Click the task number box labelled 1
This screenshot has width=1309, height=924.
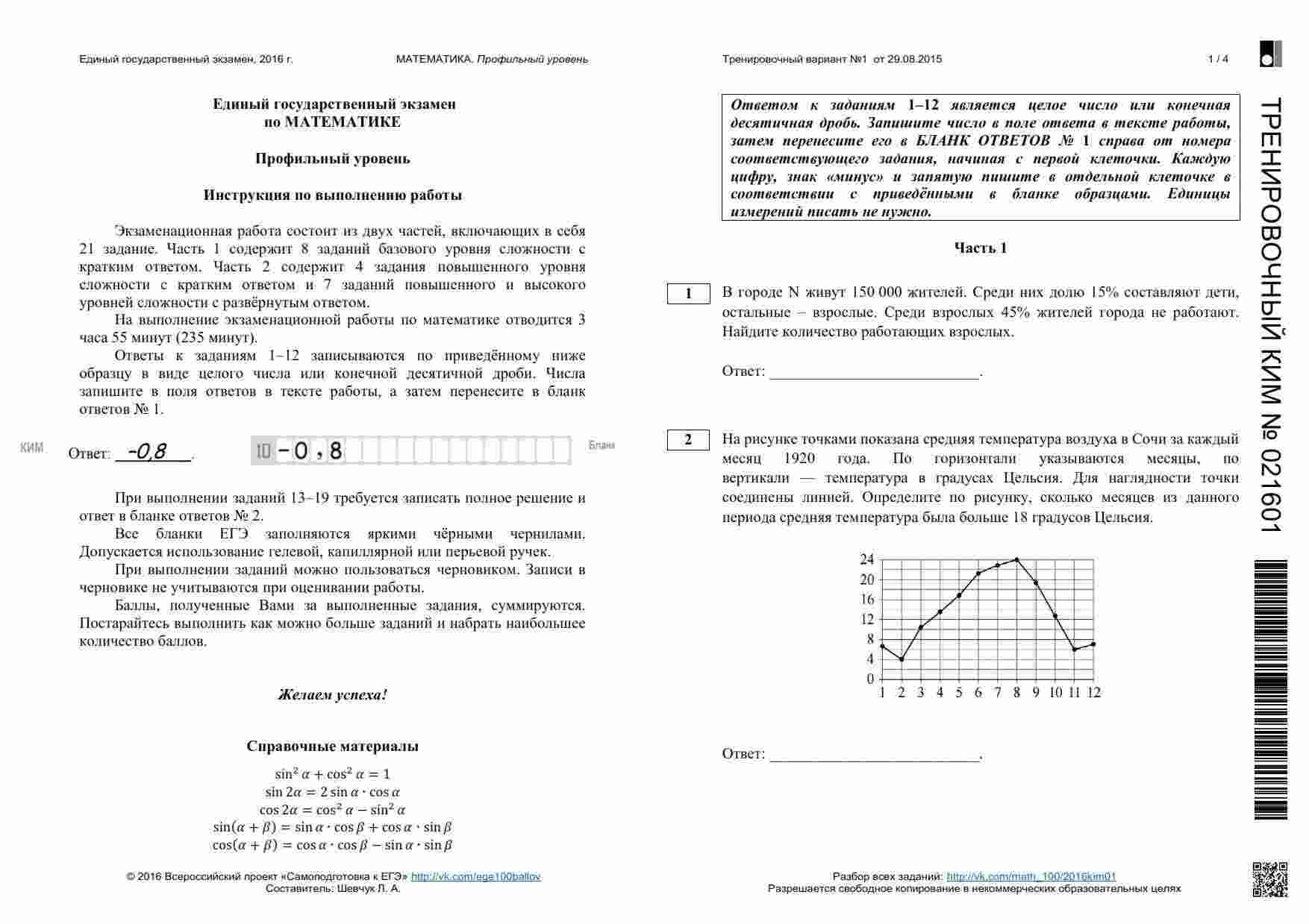688,294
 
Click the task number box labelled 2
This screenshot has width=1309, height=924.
688,440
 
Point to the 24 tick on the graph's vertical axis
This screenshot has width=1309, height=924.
866,559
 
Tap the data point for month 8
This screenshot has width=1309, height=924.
1016,559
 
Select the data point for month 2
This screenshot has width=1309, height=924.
902,659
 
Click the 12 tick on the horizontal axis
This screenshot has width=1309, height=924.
1093,693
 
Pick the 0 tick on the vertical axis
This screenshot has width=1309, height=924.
870,679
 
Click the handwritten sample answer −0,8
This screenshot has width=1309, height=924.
147,451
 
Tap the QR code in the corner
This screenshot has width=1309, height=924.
1269,879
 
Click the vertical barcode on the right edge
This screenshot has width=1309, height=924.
1271,690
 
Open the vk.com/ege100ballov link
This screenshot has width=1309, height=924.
475,877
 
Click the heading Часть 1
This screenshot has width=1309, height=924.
981,248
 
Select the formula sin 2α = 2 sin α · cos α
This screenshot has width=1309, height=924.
333,792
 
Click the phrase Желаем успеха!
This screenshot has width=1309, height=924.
333,695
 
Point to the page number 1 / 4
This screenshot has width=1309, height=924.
1218,59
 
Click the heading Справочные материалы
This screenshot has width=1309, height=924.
333,746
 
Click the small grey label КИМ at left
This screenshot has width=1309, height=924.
31,447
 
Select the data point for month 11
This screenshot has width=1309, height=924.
1075,650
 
